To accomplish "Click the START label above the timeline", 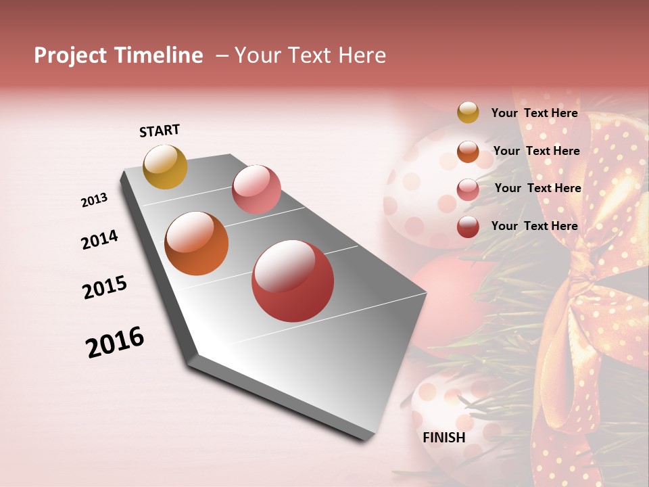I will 160,131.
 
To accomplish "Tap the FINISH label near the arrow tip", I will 443,438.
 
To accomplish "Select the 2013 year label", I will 94,200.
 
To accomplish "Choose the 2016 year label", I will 115,342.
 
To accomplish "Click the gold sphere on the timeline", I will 165,166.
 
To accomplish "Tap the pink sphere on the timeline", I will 256,189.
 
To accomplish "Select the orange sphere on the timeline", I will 196,243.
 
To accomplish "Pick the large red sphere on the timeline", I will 293,281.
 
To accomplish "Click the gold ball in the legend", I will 468,113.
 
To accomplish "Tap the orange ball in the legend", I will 468,152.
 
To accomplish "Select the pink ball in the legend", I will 468,189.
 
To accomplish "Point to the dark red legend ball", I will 468,227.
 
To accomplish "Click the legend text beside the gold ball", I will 534,113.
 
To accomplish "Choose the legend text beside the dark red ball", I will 534,226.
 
